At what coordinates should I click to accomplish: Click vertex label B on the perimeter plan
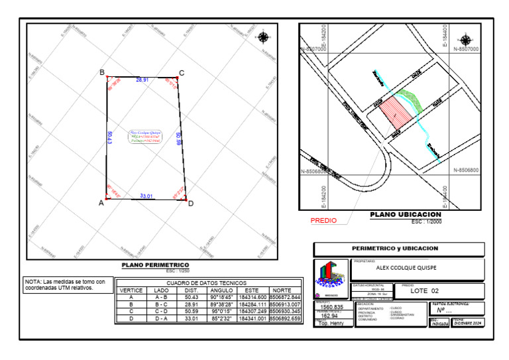click(x=101, y=72)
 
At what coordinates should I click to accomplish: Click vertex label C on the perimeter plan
click(x=182, y=73)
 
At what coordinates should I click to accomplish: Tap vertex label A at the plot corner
click(x=101, y=204)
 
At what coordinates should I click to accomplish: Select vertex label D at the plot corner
click(x=190, y=204)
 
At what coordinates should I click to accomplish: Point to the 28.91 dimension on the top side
click(x=142, y=80)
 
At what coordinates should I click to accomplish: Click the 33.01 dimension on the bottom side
click(x=146, y=196)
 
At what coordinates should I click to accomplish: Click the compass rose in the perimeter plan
click(x=264, y=36)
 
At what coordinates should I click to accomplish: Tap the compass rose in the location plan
click(x=467, y=40)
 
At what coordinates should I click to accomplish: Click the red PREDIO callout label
click(x=323, y=221)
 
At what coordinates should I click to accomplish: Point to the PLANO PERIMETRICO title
click(x=156, y=265)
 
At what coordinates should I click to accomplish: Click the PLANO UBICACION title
click(x=405, y=215)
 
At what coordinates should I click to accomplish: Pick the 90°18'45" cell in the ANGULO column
click(x=221, y=298)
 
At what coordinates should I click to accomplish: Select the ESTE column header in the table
click(x=252, y=290)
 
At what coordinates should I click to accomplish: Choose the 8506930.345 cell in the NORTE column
click(x=285, y=312)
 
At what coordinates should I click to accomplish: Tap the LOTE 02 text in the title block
click(x=425, y=291)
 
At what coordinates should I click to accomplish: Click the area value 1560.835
click(x=331, y=307)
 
